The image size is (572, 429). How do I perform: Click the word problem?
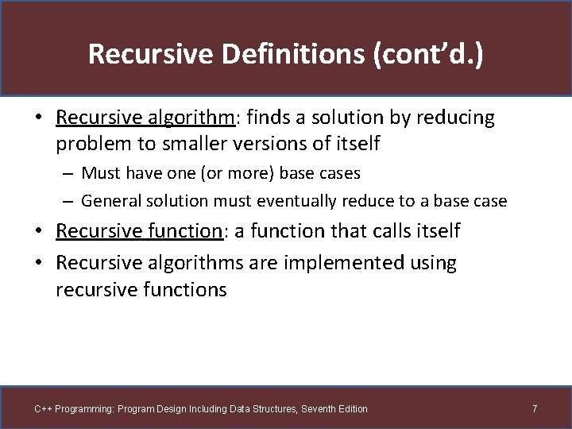(x=88, y=144)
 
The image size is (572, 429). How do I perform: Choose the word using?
(x=431, y=263)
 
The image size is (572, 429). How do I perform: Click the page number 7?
(x=535, y=409)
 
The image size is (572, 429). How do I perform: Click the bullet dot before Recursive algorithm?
(x=39, y=118)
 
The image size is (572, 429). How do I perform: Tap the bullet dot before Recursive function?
(x=39, y=231)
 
